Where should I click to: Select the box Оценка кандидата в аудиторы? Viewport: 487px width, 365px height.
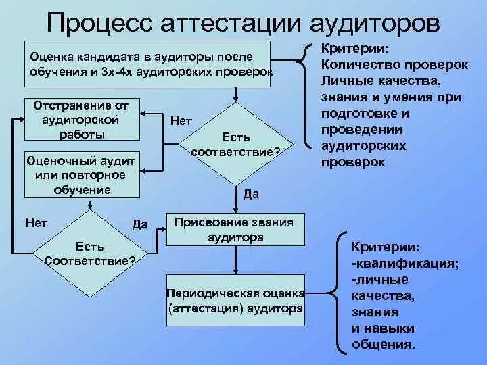tap(147, 64)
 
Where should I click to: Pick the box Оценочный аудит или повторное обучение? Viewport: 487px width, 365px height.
tap(80, 175)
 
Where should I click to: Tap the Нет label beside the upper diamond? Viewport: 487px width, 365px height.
tap(181, 120)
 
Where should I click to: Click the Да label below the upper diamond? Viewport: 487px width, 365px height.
tap(250, 194)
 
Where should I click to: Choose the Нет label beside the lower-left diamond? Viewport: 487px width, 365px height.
tap(35, 222)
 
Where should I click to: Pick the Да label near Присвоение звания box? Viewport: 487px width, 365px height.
tap(140, 224)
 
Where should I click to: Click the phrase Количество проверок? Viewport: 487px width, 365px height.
tap(395, 66)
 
